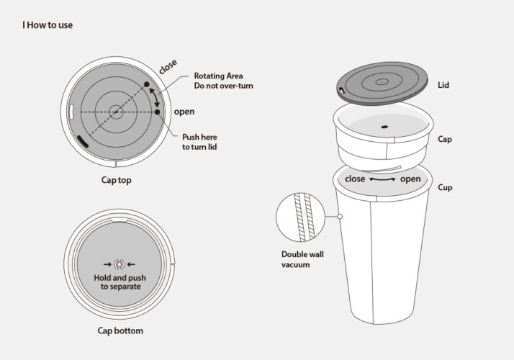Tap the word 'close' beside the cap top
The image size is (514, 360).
click(168, 66)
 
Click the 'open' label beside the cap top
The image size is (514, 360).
click(184, 112)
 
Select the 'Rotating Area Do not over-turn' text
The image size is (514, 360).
click(224, 81)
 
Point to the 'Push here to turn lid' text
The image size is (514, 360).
click(199, 142)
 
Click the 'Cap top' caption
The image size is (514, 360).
click(117, 180)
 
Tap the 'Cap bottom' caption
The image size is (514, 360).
click(120, 330)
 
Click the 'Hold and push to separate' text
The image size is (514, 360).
click(120, 282)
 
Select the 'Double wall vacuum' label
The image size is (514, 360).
click(302, 259)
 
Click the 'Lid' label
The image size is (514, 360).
click(443, 85)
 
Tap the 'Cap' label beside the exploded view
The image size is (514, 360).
click(445, 140)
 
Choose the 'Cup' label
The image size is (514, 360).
click(445, 187)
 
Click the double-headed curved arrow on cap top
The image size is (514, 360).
click(155, 96)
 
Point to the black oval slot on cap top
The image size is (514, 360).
click(83, 141)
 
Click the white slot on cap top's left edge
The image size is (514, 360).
click(71, 112)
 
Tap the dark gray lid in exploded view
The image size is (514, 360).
click(382, 84)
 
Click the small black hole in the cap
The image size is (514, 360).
click(384, 127)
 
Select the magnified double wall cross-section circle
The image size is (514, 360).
click(300, 217)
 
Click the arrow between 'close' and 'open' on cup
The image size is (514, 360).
click(382, 179)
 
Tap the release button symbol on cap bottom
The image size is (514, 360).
click(120, 264)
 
